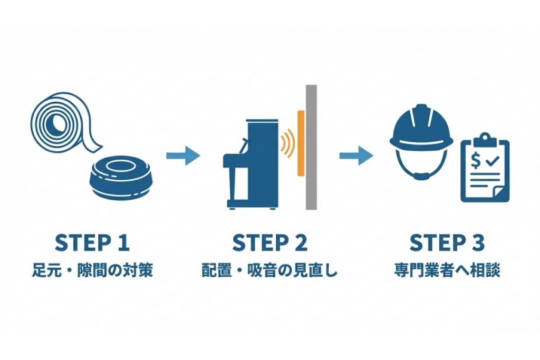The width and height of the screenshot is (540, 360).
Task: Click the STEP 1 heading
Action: (x=92, y=243)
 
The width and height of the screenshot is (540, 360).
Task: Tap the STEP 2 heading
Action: (x=269, y=243)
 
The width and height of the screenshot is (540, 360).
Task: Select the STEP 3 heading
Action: (x=447, y=243)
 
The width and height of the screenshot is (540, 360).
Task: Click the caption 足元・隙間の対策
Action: (x=92, y=271)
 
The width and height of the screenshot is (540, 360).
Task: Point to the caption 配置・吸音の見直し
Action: (x=269, y=271)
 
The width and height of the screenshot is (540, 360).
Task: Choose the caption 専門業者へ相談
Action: (x=447, y=271)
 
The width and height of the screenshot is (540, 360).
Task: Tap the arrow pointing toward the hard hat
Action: (x=356, y=155)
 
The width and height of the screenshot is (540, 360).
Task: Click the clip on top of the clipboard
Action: (x=485, y=140)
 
